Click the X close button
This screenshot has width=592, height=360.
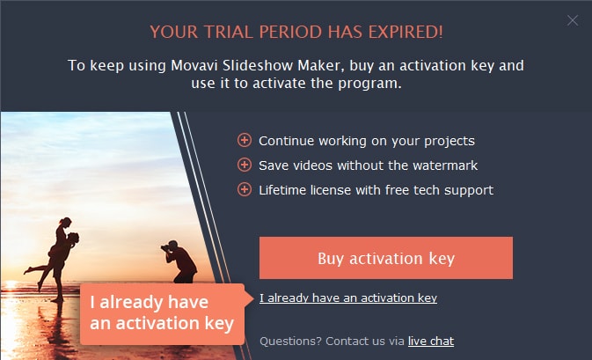coord(573,20)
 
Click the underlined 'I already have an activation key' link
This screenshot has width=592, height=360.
coord(348,298)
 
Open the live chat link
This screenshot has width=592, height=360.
coord(431,342)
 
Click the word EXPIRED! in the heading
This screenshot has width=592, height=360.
coord(406,32)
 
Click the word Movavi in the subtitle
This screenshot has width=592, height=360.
coord(194,65)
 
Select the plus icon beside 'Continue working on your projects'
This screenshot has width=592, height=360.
coord(245,140)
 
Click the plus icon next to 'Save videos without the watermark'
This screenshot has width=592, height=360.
coord(245,165)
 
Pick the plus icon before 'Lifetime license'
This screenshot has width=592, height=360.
coord(245,189)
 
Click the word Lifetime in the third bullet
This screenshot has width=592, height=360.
coord(282,190)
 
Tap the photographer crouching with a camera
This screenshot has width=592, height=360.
coord(179,261)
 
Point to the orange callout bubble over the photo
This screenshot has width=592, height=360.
coord(163,314)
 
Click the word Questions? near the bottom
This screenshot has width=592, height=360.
coord(290,342)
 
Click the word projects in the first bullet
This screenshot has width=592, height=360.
coord(449,142)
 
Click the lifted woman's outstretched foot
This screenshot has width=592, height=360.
coord(27,270)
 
